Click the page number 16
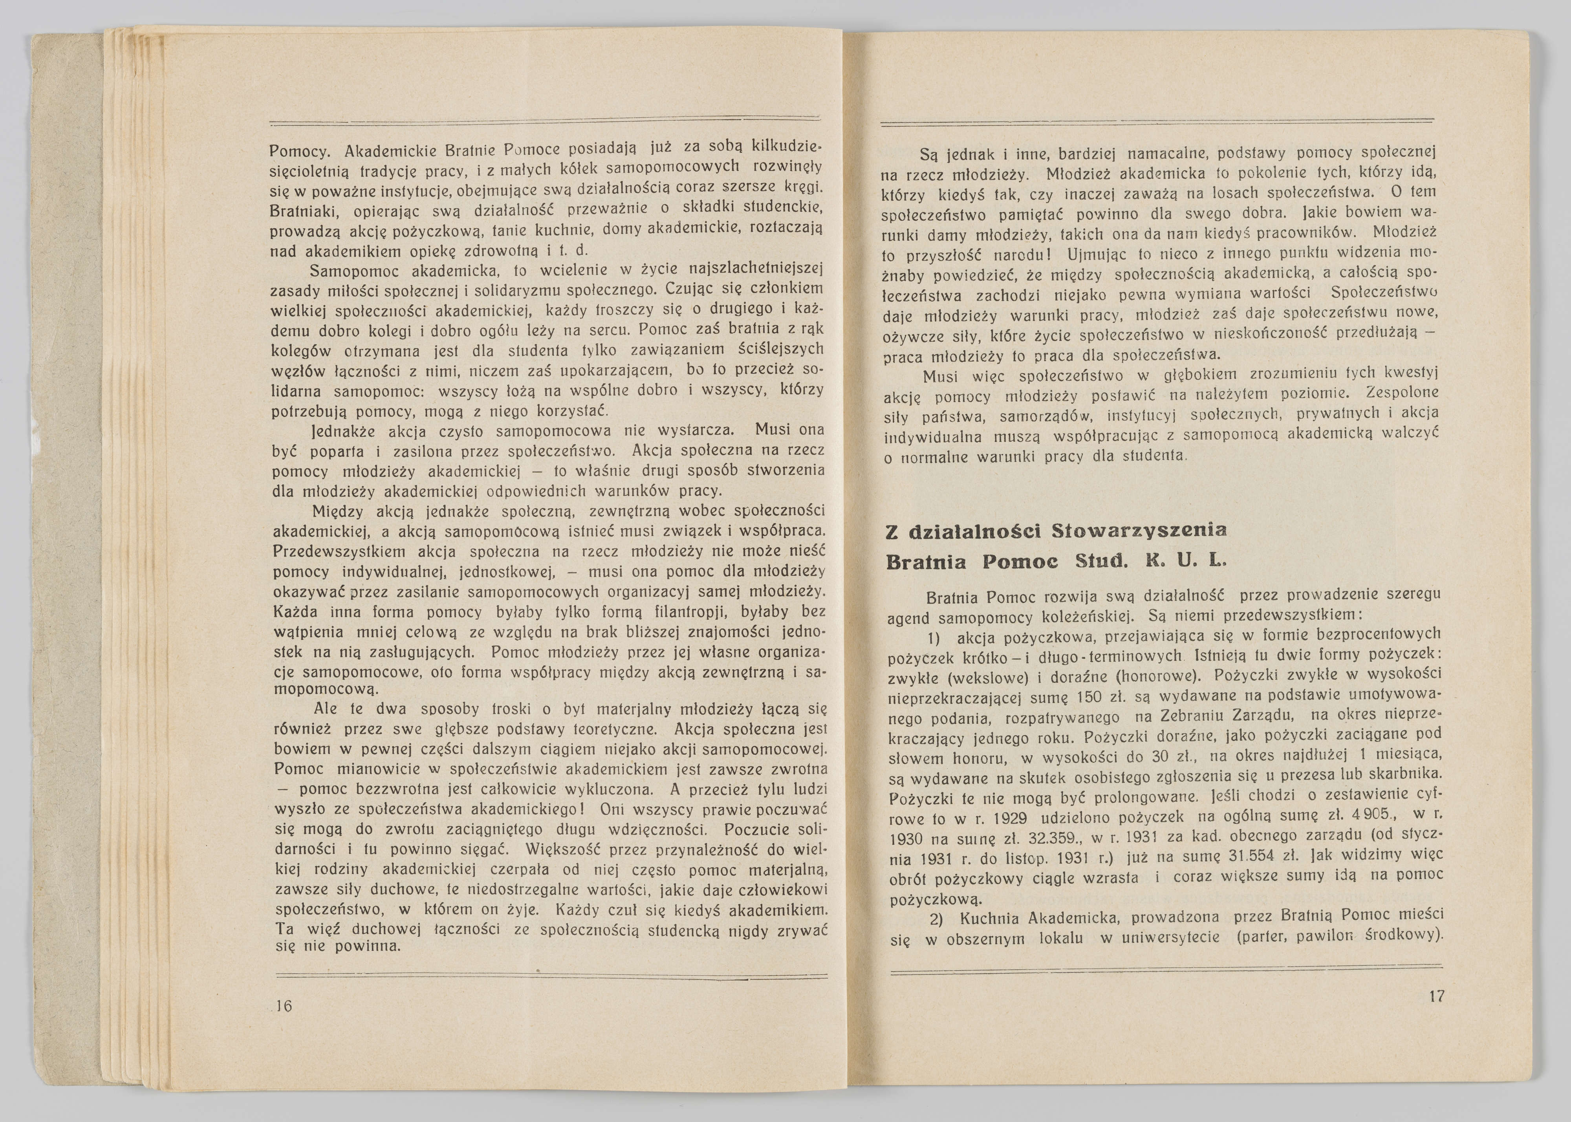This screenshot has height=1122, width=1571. pos(283,1006)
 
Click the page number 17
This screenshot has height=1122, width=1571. pos(1436,996)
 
